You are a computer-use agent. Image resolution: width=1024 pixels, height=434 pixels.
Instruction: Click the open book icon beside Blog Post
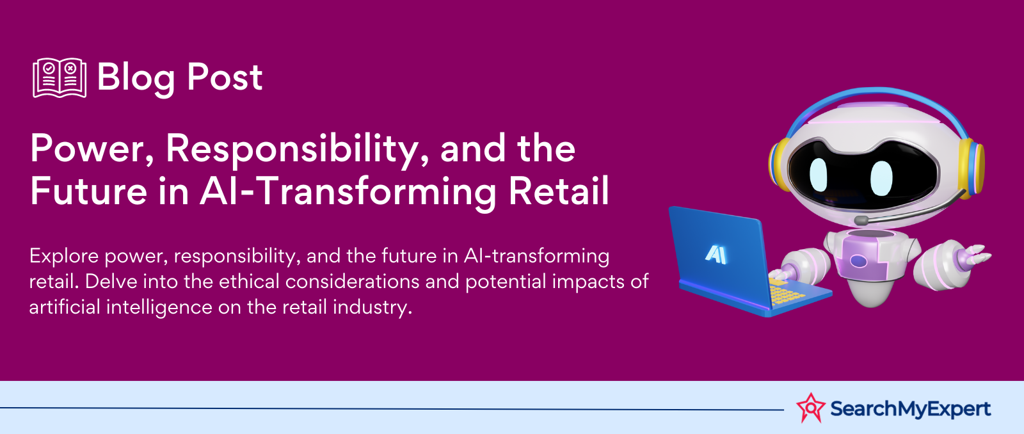[60, 77]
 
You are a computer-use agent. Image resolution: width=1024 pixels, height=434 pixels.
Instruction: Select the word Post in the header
[225, 77]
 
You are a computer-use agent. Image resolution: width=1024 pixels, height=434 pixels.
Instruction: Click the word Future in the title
[89, 191]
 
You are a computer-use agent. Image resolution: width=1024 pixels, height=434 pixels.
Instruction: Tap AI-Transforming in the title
[348, 193]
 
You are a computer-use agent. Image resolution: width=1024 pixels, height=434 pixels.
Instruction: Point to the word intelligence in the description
[159, 307]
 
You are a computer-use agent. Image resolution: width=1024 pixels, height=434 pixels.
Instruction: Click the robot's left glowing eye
[819, 175]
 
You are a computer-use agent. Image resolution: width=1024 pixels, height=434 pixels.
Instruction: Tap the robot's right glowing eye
[881, 178]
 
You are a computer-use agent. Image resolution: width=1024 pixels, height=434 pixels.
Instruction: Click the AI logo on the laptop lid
[716, 254]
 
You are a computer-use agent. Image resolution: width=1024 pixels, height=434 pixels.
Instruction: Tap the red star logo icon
[810, 408]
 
